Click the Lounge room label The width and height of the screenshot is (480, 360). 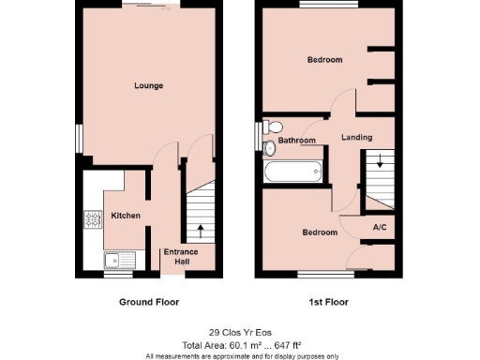coord(148,86)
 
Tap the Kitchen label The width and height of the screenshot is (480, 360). coord(126,216)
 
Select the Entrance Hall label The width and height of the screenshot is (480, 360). coord(179,257)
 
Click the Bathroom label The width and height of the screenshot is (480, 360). coord(296,141)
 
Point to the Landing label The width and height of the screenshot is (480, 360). coord(356,138)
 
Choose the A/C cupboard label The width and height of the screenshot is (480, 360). coord(381,228)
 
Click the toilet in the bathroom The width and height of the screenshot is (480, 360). coord(274,127)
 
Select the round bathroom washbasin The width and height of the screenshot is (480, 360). coord(271,147)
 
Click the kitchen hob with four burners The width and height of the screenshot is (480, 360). coord(94,220)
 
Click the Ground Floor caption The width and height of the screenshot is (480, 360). coord(148,302)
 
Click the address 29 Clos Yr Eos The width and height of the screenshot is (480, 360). coord(241,332)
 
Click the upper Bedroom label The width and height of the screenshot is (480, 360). coord(324,60)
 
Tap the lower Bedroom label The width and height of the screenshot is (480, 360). coord(319,232)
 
